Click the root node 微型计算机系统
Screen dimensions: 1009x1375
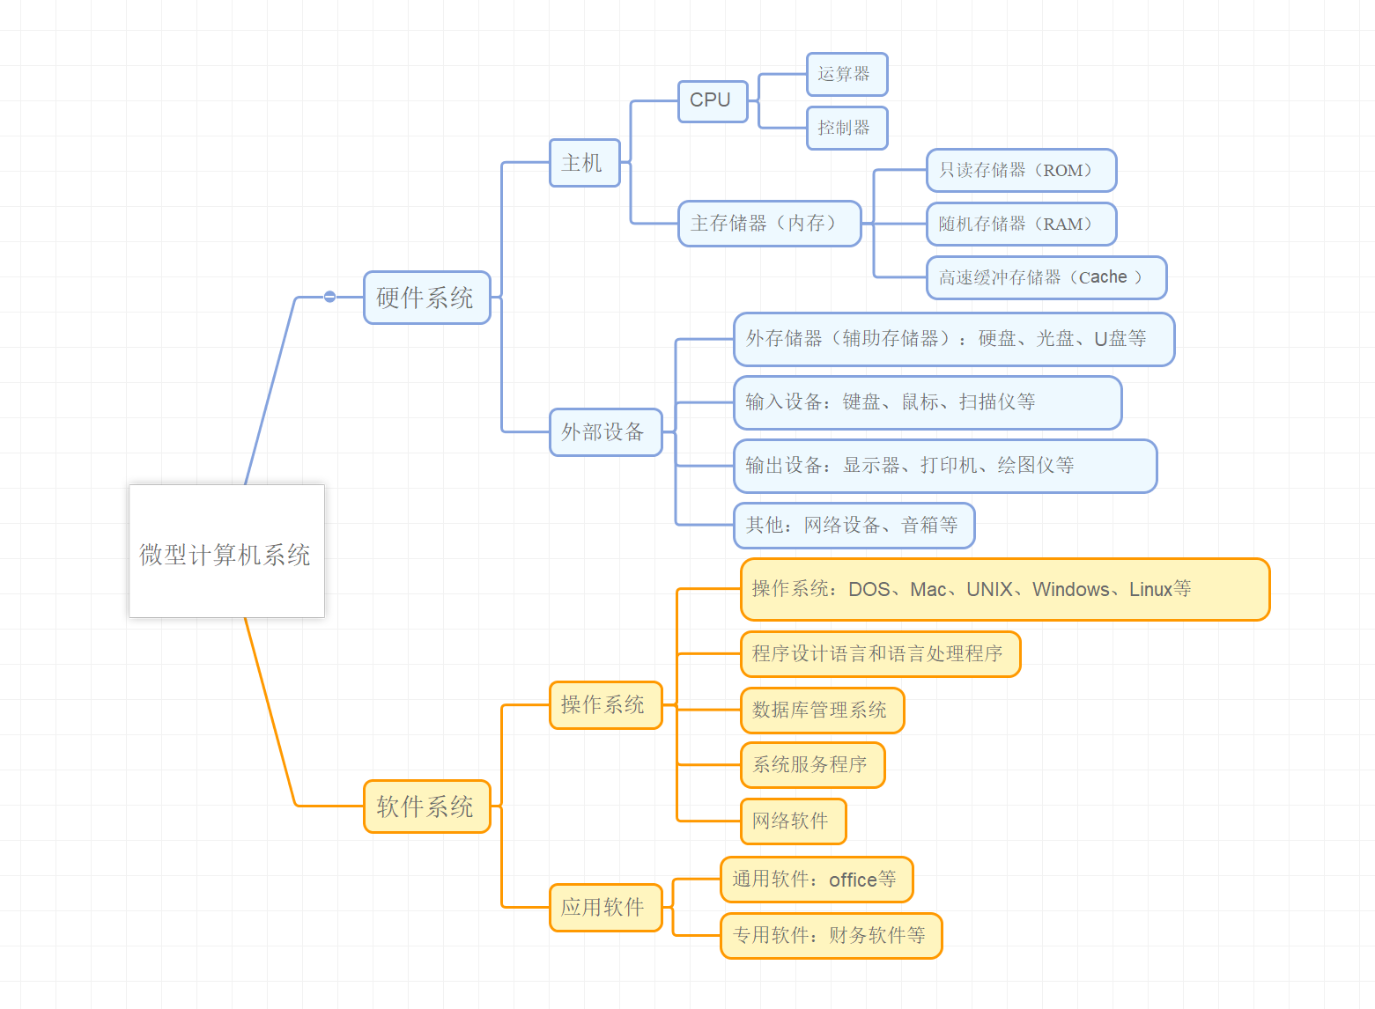226,551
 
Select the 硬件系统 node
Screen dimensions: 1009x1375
426,298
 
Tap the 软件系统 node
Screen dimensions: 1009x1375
426,806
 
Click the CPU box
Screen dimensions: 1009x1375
712,100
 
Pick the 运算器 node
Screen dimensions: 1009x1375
846,74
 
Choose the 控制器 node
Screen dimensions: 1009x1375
846,128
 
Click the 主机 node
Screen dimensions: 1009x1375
584,163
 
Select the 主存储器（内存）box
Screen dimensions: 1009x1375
768,224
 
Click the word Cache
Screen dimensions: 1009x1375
1103,277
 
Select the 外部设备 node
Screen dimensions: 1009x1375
604,432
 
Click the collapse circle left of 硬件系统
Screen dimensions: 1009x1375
329,297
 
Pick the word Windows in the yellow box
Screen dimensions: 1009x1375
1070,590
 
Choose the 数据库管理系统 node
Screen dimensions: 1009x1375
821,711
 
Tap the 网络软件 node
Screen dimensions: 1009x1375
792,821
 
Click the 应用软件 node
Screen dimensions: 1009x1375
604,908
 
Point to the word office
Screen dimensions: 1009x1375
853,880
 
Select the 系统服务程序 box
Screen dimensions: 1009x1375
811,765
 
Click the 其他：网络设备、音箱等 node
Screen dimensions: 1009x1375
853,526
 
